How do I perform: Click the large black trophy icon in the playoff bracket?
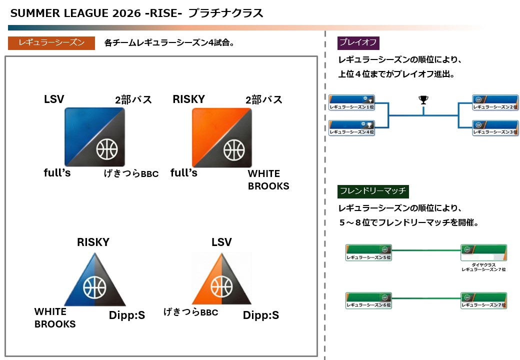coord(423,100)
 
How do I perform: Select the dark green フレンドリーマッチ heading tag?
coord(373,190)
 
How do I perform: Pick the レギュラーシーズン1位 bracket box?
coord(352,102)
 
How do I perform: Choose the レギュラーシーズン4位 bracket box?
coord(352,128)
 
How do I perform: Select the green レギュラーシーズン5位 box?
coord(369,253)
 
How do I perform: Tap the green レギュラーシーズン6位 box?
coord(369,300)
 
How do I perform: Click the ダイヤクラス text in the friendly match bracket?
coord(483,264)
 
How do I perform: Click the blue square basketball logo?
coord(94,137)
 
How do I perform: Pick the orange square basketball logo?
coord(222,137)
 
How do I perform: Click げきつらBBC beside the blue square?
coord(131,173)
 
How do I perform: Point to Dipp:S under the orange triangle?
coord(260,315)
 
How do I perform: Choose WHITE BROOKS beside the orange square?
coord(268,180)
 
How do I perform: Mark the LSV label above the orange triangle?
coord(221,242)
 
